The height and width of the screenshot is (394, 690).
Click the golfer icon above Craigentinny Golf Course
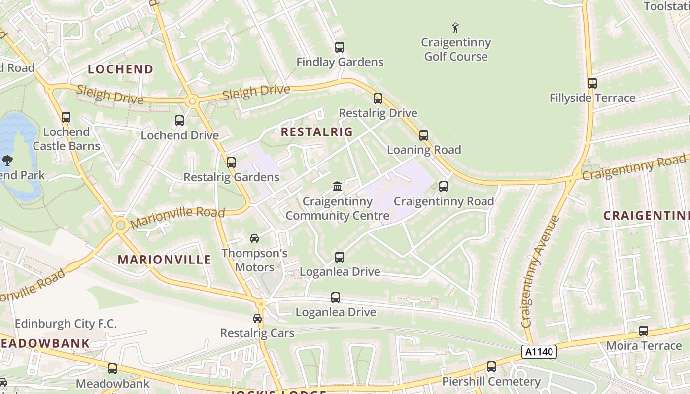point(455,28)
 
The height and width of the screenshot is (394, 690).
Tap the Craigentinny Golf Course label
point(456,49)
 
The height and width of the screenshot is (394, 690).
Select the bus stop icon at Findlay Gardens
point(339,47)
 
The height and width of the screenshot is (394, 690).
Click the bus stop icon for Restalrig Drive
point(378,98)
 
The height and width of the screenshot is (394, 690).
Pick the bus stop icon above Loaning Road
point(423,135)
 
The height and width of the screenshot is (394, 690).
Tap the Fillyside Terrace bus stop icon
point(592,83)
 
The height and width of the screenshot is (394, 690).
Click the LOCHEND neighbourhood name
point(121,69)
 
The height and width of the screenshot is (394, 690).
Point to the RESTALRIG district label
point(317,132)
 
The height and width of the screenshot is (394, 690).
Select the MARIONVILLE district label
point(164,260)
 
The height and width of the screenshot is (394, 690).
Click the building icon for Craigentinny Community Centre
point(337,187)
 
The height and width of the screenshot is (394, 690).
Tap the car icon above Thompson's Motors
point(254,238)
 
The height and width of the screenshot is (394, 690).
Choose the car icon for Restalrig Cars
point(257,319)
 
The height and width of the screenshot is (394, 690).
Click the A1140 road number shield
point(539,352)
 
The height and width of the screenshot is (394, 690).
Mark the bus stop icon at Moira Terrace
point(643,331)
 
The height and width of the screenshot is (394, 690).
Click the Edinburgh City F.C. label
point(66,324)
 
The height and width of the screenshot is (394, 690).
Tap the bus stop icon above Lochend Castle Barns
point(66,117)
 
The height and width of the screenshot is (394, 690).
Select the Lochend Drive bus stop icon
point(179,121)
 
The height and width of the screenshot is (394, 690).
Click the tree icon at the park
point(7,160)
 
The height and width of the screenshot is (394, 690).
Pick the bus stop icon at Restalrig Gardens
point(231,163)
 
